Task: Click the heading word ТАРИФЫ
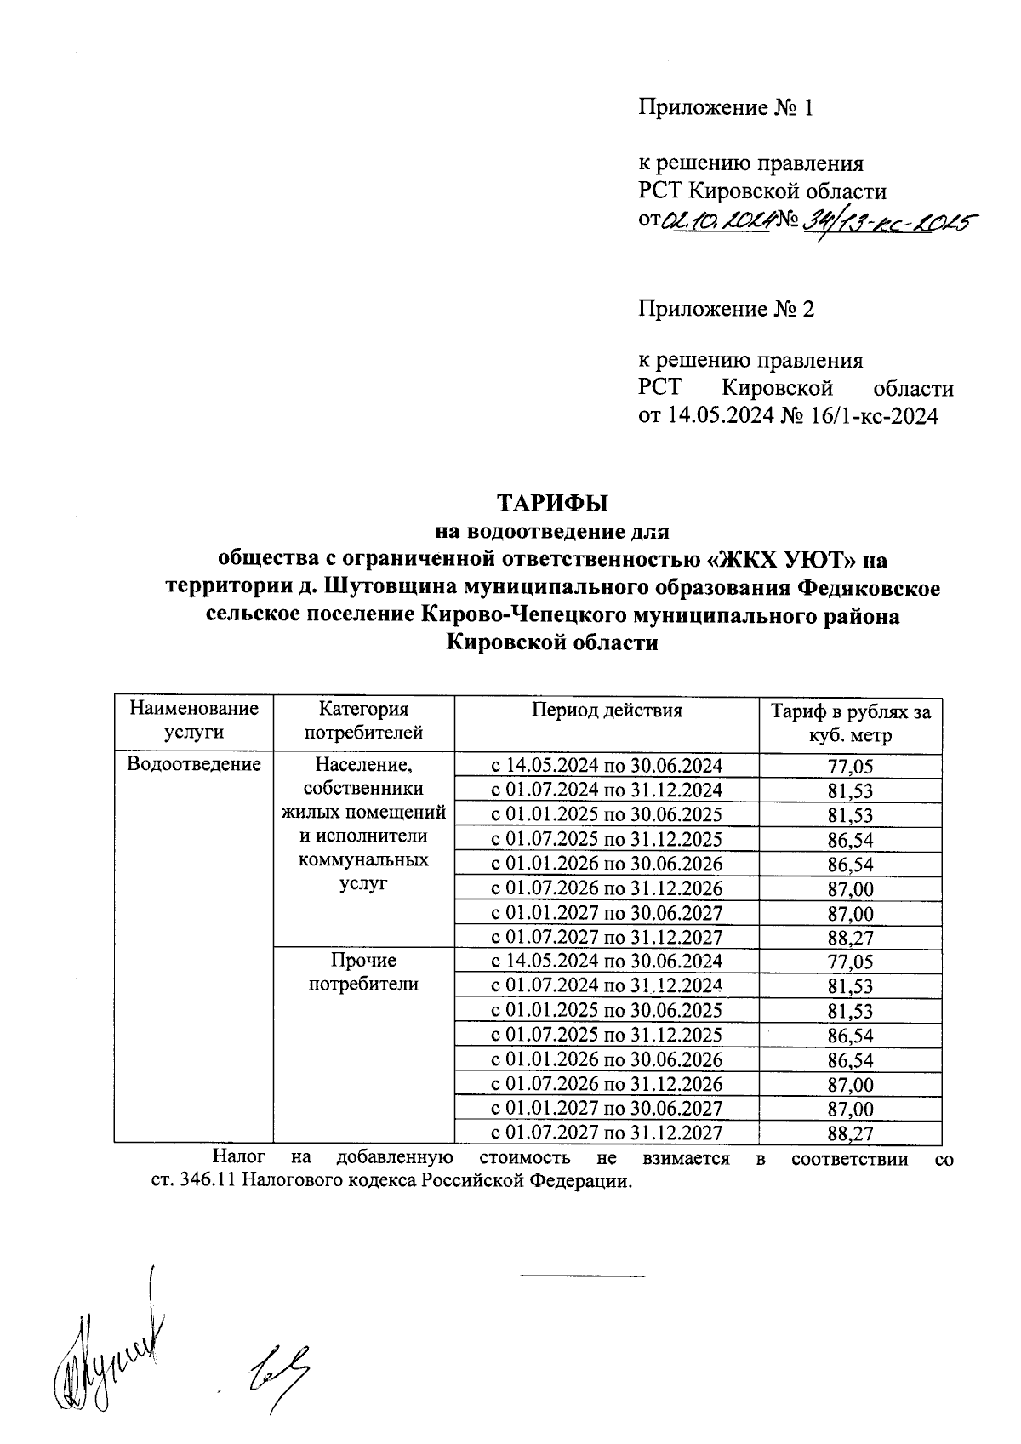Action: tap(552, 503)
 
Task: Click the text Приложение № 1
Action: tap(726, 108)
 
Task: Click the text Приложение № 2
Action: tap(726, 308)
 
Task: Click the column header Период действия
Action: tap(607, 711)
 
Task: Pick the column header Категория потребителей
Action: tap(363, 720)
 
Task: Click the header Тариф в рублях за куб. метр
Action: tap(850, 722)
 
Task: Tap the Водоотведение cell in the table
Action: tap(193, 764)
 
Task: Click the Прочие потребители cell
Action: tap(363, 972)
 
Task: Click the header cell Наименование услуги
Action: tap(193, 720)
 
